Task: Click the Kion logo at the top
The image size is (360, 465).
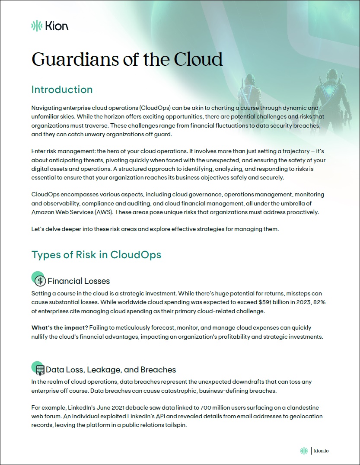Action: click(x=50, y=26)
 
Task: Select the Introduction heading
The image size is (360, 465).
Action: click(x=62, y=90)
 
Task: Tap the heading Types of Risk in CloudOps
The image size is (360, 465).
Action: click(x=96, y=254)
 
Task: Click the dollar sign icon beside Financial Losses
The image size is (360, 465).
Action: click(x=40, y=281)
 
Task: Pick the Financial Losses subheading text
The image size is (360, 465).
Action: click(x=79, y=281)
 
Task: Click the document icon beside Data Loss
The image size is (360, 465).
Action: click(x=40, y=369)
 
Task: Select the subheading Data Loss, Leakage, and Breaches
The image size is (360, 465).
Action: click(x=111, y=370)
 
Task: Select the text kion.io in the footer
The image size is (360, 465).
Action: click(x=321, y=451)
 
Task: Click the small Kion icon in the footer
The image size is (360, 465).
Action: click(x=304, y=451)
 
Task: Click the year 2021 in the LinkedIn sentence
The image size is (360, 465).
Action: click(x=114, y=408)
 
